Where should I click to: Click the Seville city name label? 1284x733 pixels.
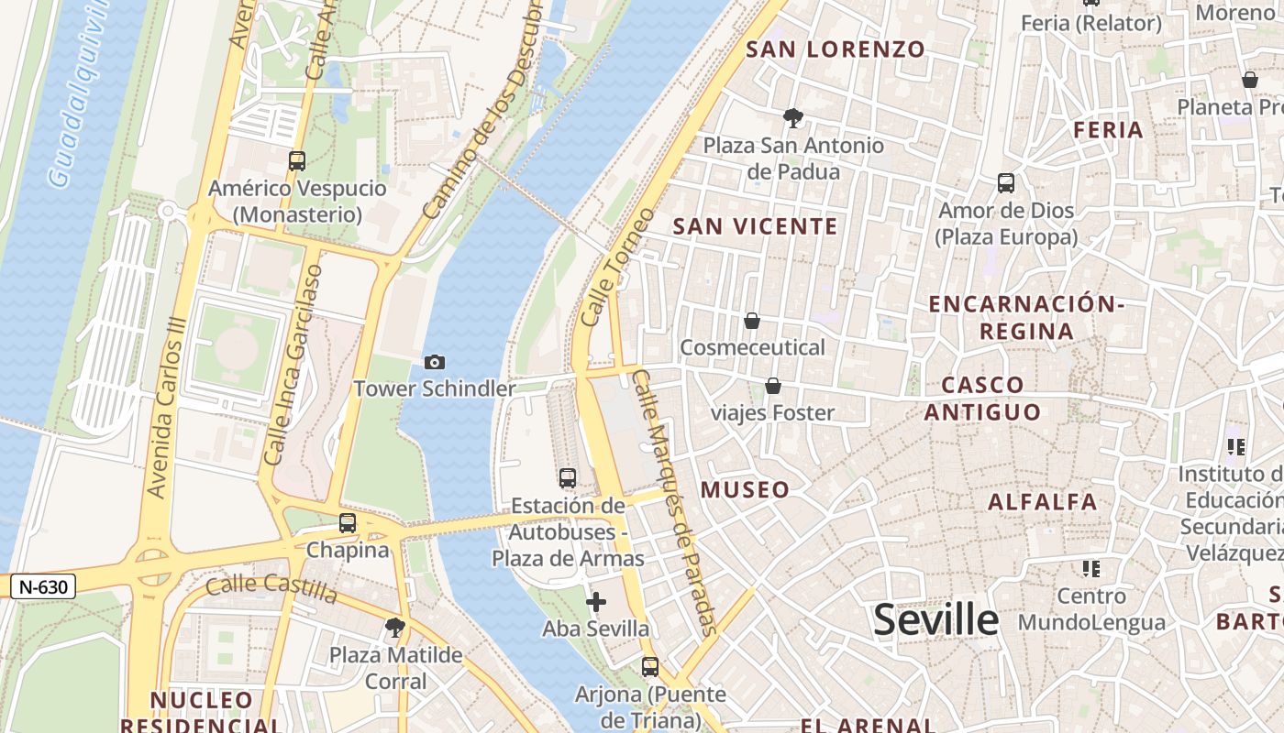point(935,620)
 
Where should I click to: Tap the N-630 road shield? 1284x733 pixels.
point(43,586)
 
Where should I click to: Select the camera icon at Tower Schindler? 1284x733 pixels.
point(435,363)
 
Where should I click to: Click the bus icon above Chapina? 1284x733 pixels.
point(348,523)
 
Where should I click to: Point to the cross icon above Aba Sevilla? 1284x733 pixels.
point(596,602)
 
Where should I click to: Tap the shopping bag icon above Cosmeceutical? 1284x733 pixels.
point(752,321)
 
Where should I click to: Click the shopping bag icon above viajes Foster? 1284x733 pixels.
point(773,386)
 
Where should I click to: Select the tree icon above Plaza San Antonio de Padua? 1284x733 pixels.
point(793,117)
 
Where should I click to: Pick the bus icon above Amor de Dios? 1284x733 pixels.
point(1006,183)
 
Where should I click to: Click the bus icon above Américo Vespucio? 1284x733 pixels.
point(297,161)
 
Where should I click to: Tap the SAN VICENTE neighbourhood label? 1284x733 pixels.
point(756,226)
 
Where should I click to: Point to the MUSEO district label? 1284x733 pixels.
point(745,489)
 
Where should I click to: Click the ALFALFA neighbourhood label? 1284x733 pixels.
point(1042,501)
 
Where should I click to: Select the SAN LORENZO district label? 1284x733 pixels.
point(836,49)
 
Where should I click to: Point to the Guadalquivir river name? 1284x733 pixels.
point(82,92)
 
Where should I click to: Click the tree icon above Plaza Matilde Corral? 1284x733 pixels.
point(395,628)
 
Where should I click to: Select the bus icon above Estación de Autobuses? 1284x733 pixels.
point(568,478)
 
